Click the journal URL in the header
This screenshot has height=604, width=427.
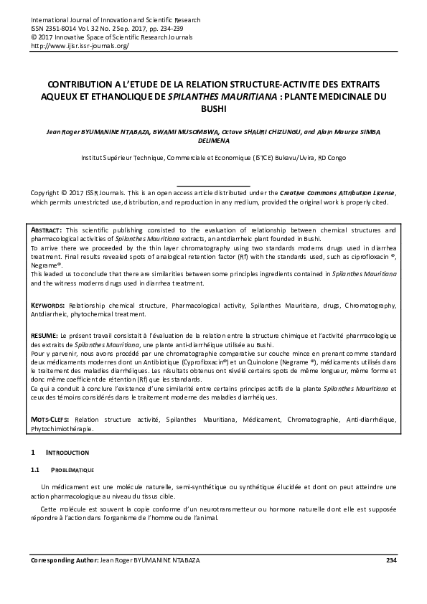coord(80,45)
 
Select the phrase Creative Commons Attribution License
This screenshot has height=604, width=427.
coord(336,194)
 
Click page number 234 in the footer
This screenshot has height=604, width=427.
coord(390,560)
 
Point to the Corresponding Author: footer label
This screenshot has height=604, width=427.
coord(64,560)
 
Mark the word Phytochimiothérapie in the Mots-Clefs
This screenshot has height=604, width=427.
coord(63,430)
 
